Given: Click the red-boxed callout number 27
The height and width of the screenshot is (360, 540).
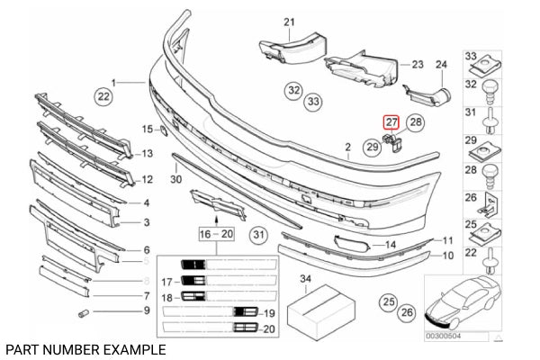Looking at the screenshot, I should click(391, 122).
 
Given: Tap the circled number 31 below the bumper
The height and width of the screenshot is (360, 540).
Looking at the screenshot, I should click(259, 237).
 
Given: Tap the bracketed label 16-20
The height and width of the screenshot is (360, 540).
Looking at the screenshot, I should click(215, 232).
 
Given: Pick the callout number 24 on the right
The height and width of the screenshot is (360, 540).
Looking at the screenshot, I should click(441, 64).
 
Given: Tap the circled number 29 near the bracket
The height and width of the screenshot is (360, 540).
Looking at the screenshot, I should click(372, 145).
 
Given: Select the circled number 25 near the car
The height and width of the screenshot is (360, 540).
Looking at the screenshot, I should click(387, 300).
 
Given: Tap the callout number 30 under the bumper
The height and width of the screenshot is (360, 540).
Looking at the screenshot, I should click(175, 179).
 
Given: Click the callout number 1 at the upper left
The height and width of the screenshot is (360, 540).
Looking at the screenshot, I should click(115, 81).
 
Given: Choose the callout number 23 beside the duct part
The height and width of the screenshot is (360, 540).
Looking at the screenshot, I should click(417, 64).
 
